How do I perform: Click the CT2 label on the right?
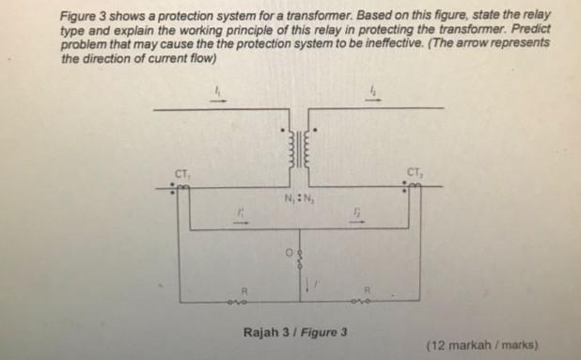pos(414,170)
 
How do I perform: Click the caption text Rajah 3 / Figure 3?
pos(296,332)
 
